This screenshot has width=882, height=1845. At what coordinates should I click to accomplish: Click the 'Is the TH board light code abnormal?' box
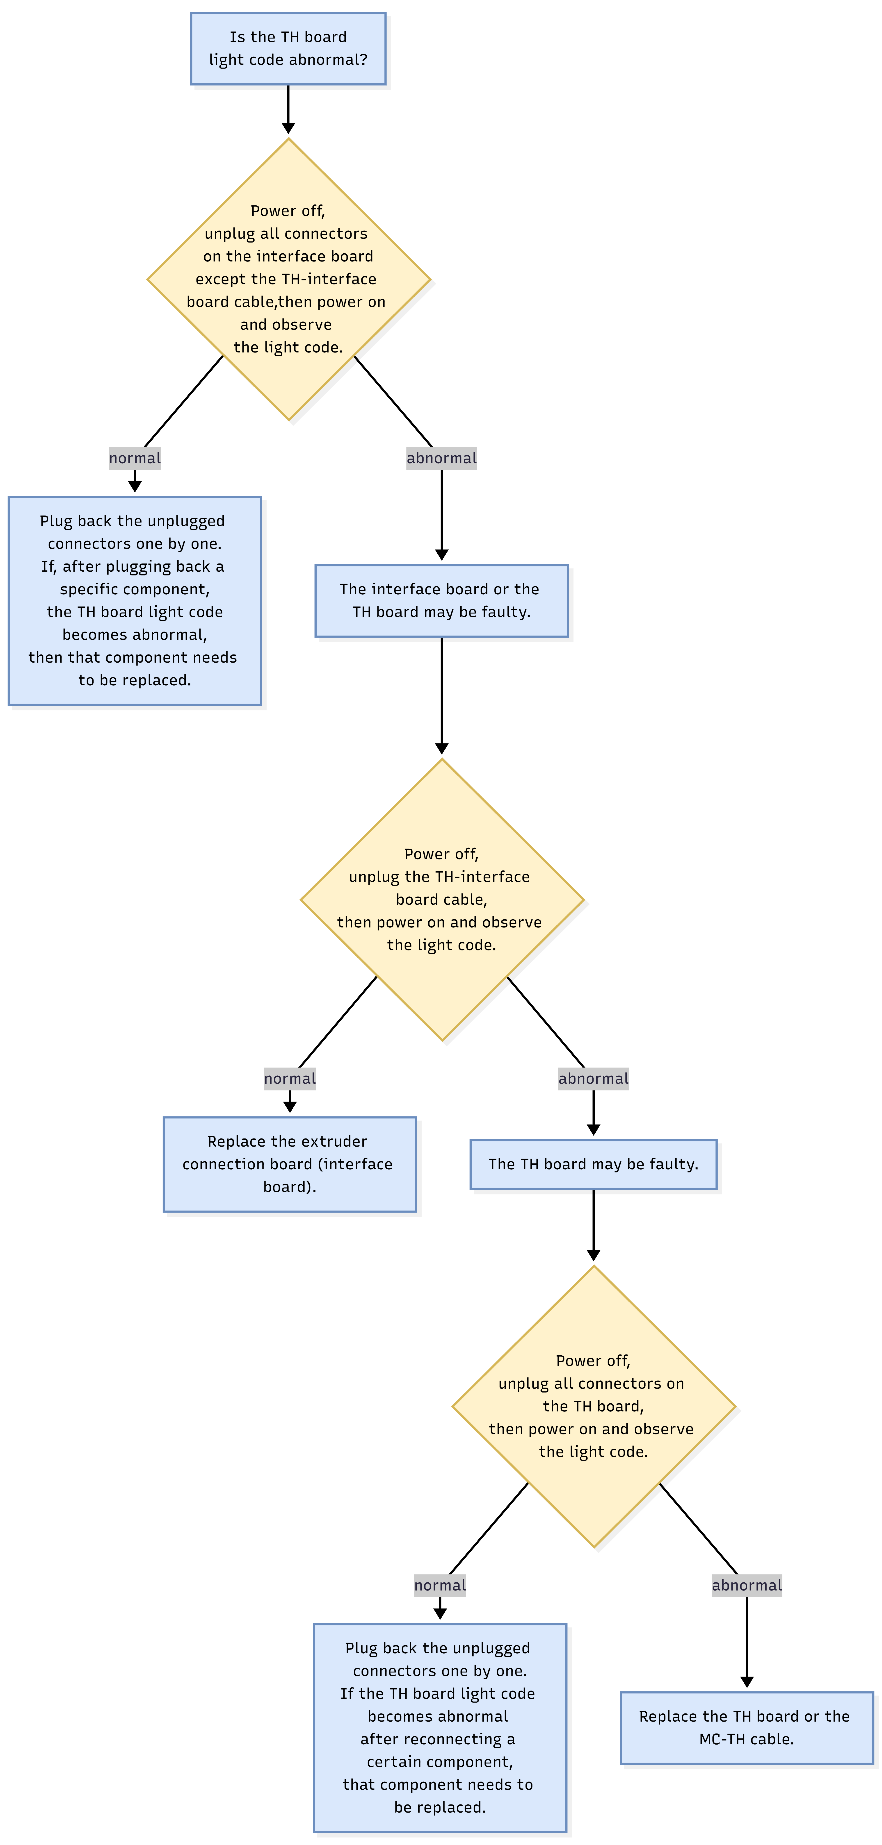pyautogui.click(x=288, y=49)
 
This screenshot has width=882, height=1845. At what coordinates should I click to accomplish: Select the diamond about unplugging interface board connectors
pyautogui.click(x=288, y=279)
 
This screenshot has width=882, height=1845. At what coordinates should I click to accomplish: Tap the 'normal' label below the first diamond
pyautogui.click(x=135, y=458)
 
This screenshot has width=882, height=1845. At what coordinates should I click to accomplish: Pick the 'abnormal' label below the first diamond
pyautogui.click(x=441, y=458)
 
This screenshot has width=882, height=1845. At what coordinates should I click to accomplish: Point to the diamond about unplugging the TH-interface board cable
pyautogui.click(x=442, y=900)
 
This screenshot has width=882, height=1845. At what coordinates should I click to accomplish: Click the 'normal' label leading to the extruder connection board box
pyautogui.click(x=290, y=1079)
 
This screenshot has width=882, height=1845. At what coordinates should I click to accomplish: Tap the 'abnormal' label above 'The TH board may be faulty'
pyautogui.click(x=593, y=1079)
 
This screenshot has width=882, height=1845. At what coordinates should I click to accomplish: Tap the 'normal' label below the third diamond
pyautogui.click(x=440, y=1585)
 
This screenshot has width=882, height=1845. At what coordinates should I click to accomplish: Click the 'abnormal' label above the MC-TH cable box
pyautogui.click(x=747, y=1585)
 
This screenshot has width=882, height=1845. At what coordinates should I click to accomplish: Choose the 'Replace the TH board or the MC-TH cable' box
pyautogui.click(x=747, y=1727)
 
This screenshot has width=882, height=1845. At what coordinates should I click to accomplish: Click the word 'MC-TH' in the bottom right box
pyautogui.click(x=722, y=1739)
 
